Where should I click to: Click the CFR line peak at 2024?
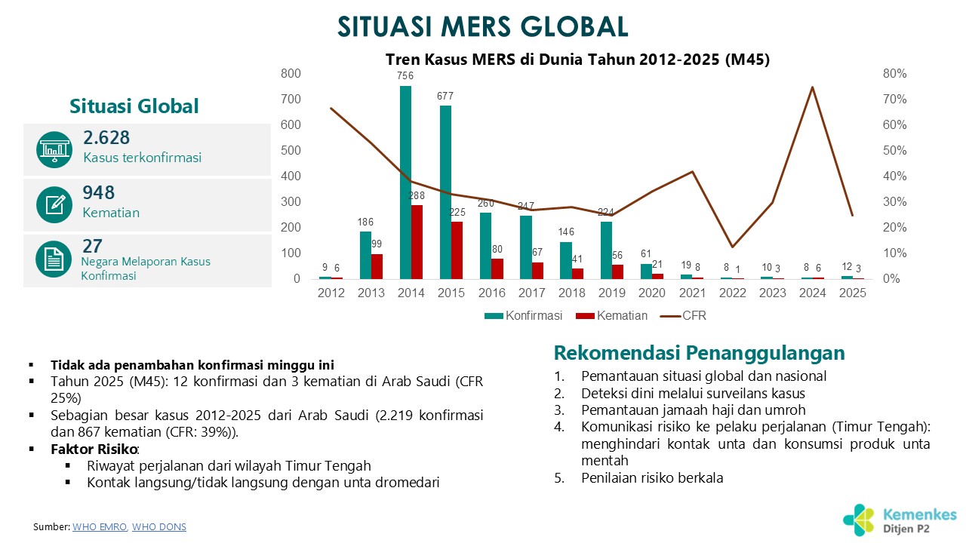[x=812, y=87]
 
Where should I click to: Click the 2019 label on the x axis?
[x=609, y=293]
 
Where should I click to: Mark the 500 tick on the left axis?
[x=290, y=151]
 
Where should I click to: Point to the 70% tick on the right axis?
[x=894, y=100]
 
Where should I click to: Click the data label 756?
[x=405, y=76]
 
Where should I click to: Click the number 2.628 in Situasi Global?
[x=106, y=138]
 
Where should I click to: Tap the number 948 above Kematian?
[x=99, y=193]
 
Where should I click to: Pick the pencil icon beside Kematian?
[x=54, y=204]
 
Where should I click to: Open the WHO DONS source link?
[x=158, y=527]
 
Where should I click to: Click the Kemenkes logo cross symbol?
[x=859, y=520]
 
